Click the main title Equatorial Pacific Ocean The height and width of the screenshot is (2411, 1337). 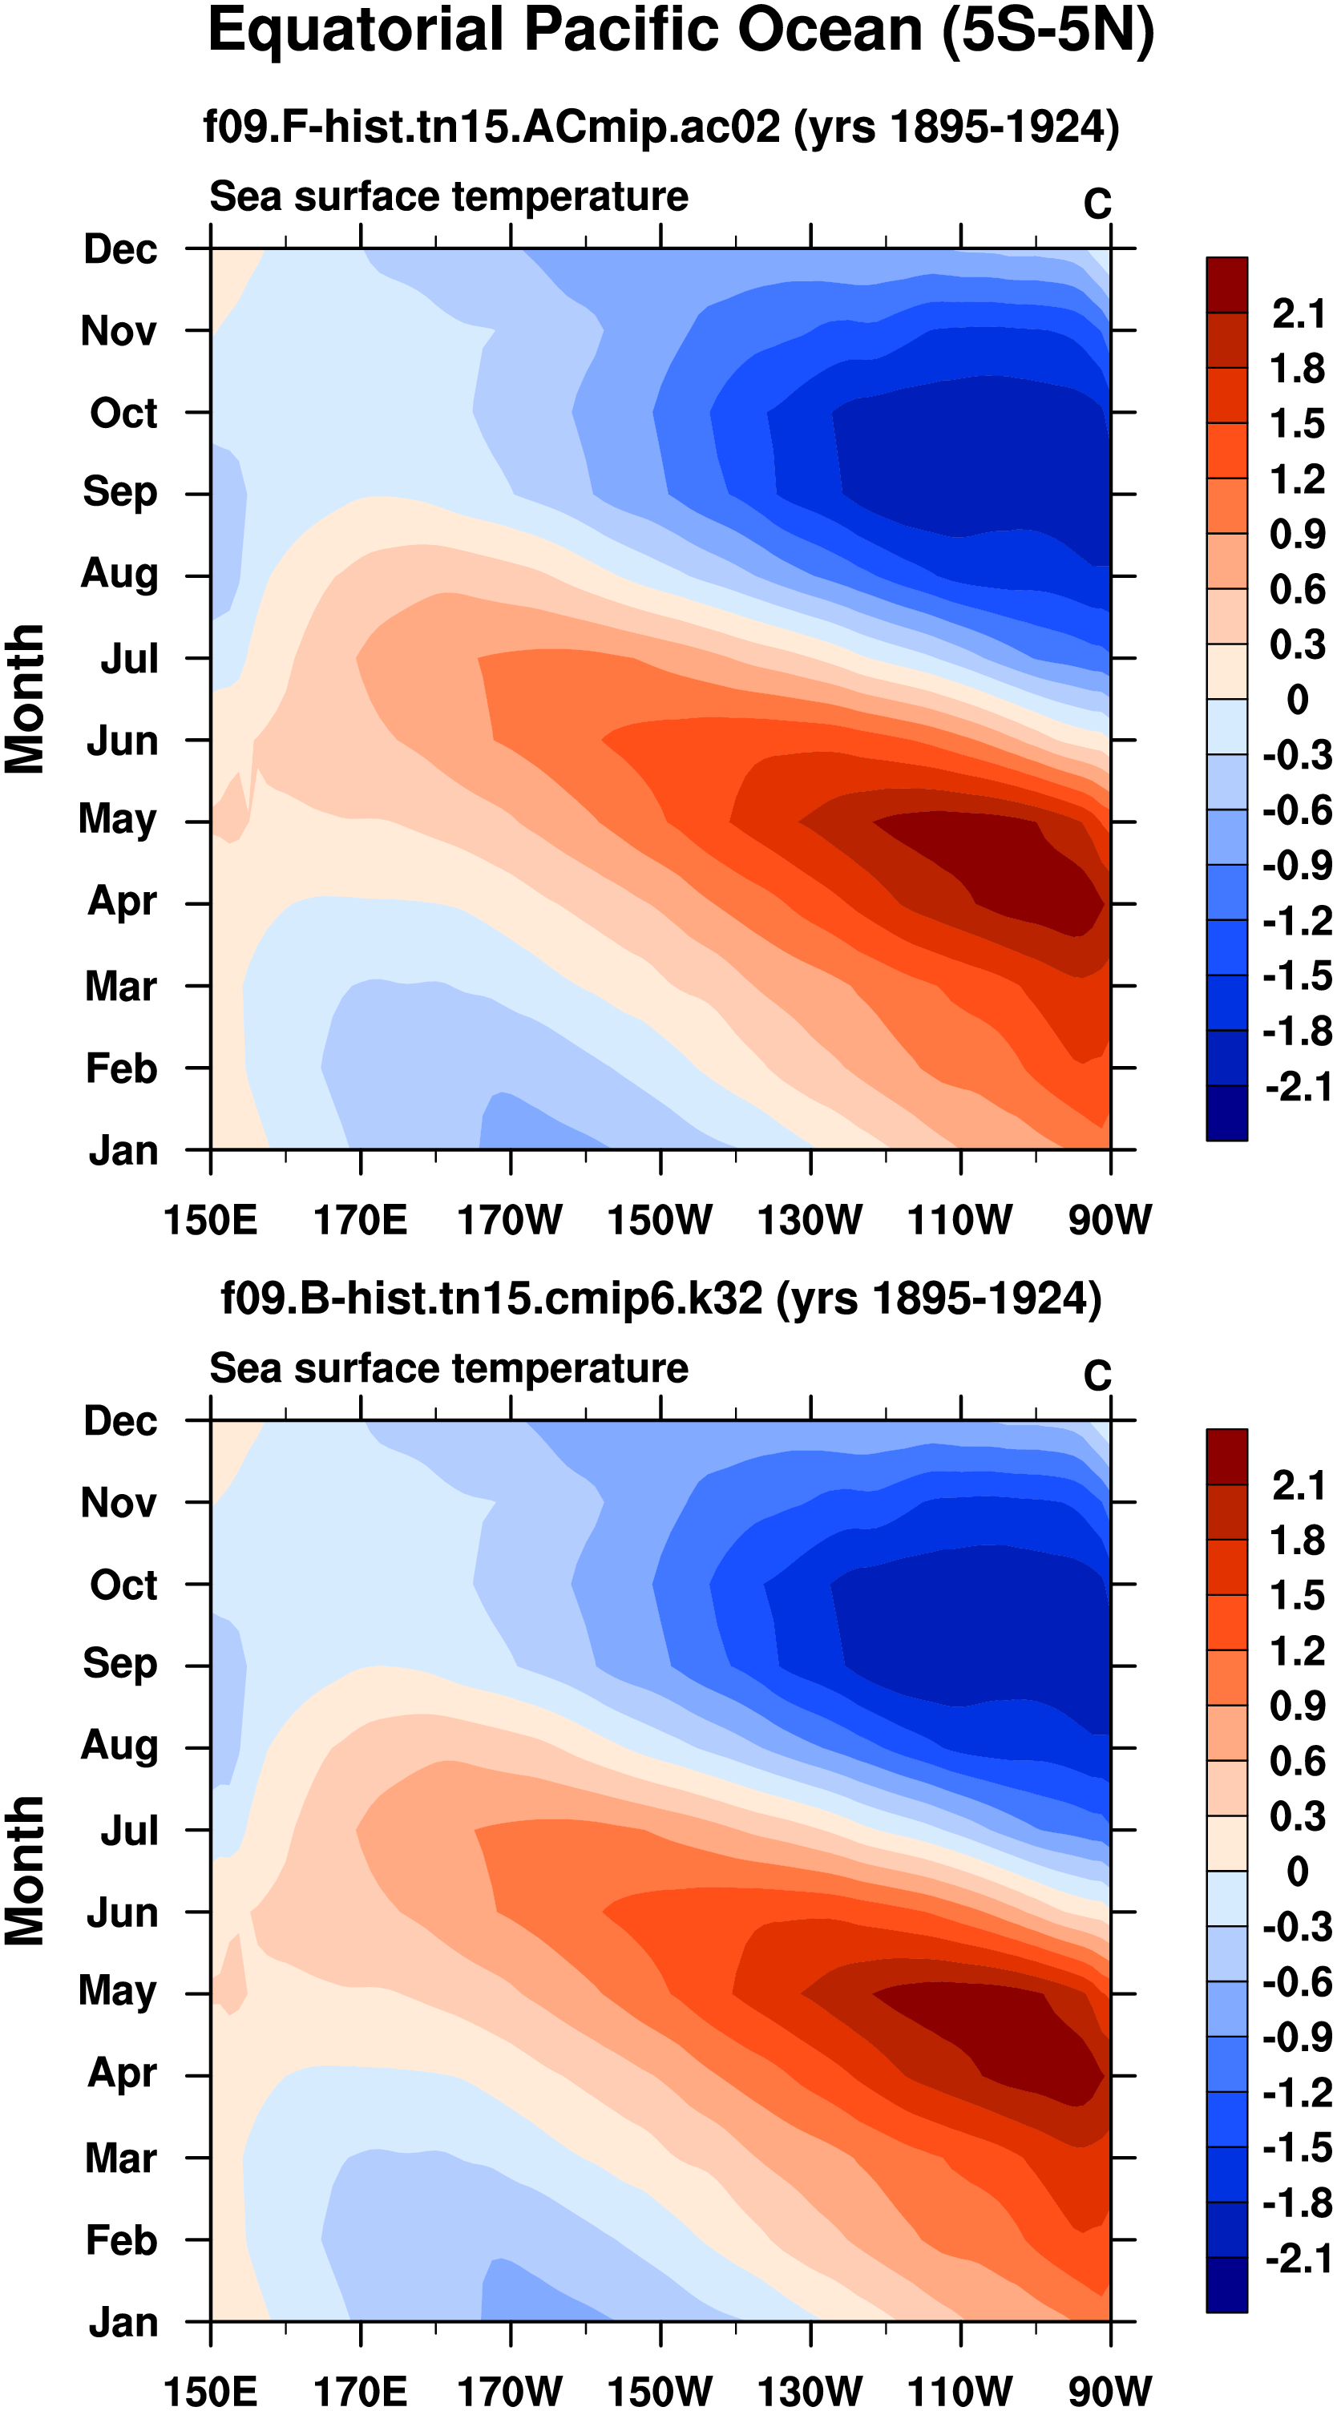[681, 31]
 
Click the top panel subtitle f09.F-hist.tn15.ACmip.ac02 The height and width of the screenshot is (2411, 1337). [661, 127]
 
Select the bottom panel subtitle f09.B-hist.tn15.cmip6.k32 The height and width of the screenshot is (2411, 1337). [661, 1299]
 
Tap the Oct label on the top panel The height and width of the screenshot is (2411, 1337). [123, 413]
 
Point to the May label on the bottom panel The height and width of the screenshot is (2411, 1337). [117, 1990]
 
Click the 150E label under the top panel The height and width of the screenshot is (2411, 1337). [210, 1220]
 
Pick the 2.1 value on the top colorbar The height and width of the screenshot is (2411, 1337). [1298, 313]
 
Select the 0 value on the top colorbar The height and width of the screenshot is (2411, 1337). [1298, 700]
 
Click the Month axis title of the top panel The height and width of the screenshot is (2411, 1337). [26, 699]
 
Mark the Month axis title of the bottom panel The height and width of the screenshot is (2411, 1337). [26, 1871]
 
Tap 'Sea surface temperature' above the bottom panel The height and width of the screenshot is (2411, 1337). [449, 1368]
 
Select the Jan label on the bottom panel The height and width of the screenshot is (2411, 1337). [123, 2322]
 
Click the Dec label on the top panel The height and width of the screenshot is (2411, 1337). [120, 249]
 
